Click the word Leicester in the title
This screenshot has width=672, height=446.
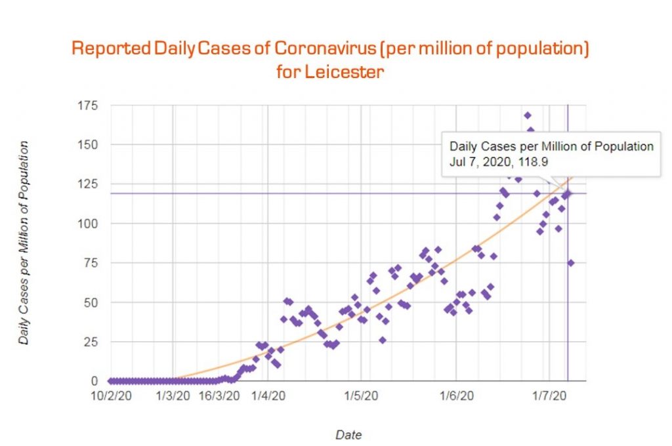pyautogui.click(x=343, y=71)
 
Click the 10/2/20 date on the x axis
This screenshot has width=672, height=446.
pyautogui.click(x=110, y=396)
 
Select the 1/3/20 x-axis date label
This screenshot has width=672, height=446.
pyautogui.click(x=173, y=396)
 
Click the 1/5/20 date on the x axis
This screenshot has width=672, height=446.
pyautogui.click(x=362, y=396)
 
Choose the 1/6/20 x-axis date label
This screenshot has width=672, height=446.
pyautogui.click(x=456, y=396)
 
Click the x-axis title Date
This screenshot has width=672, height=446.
pyautogui.click(x=348, y=434)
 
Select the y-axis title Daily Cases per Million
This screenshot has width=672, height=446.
pyautogui.click(x=24, y=243)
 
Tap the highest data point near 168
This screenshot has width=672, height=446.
pyautogui.click(x=528, y=115)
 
